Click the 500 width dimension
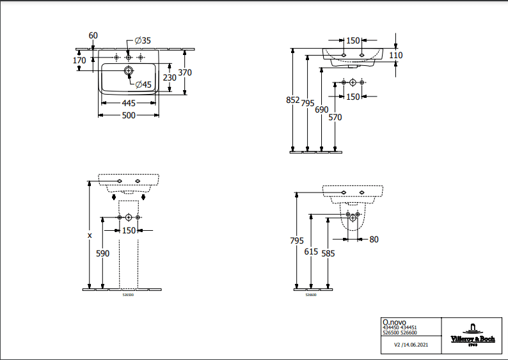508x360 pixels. point(129,115)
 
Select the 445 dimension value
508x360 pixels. point(129,103)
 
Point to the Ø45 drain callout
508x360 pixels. point(143,84)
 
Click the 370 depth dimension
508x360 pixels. point(185,73)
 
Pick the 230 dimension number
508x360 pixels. point(170,77)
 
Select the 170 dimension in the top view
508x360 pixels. point(79,61)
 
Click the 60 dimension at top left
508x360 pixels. point(93,35)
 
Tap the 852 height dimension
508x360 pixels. point(292,100)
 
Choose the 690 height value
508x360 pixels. point(321,109)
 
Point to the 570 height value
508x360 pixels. point(335,117)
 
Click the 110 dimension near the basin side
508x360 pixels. point(396,56)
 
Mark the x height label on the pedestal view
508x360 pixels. point(90,235)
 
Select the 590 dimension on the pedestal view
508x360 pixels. point(103,253)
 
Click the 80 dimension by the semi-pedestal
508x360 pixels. point(374,240)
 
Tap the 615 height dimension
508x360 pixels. point(311,252)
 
